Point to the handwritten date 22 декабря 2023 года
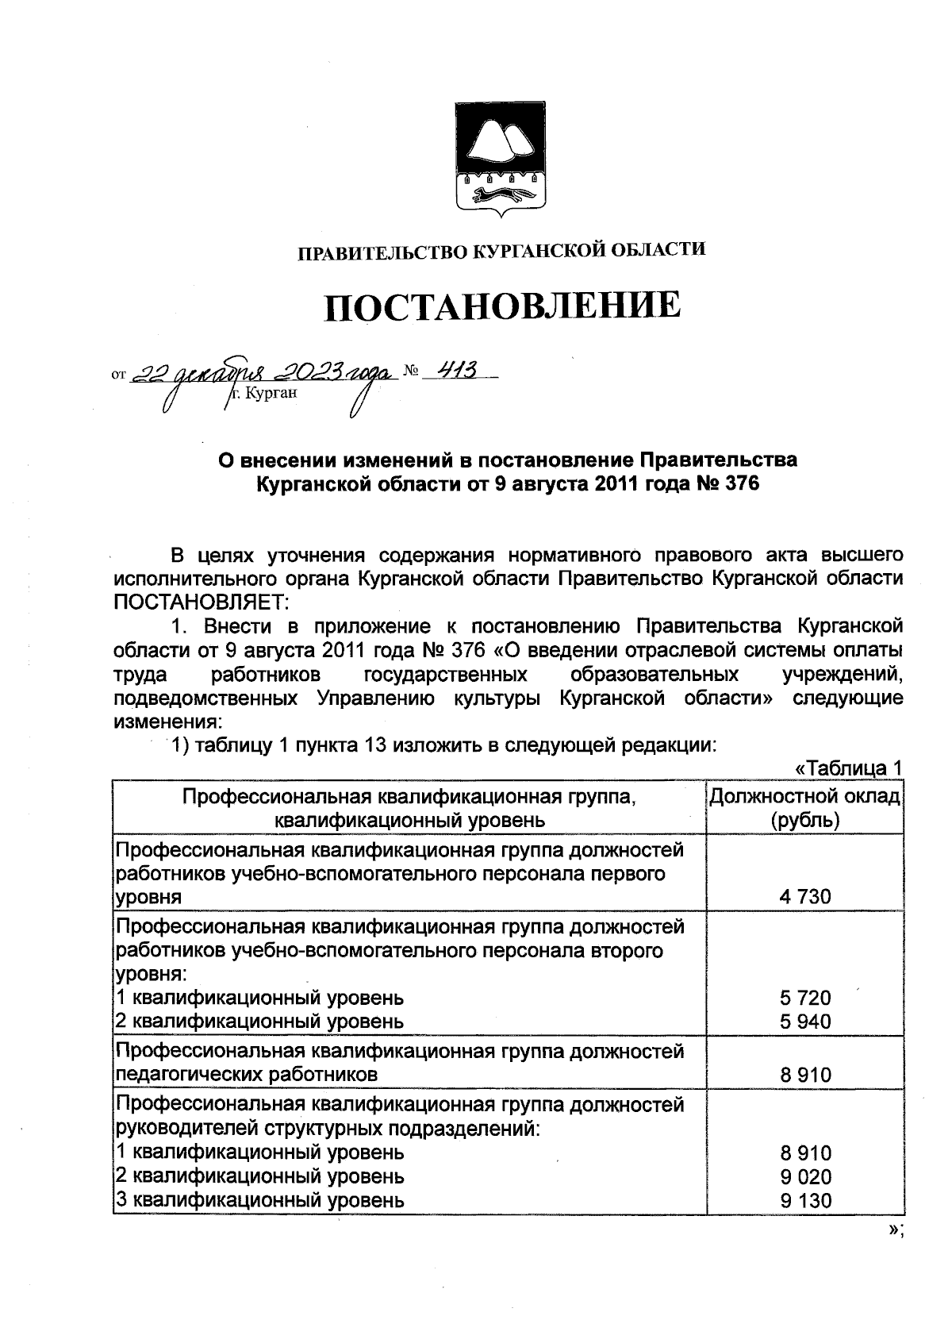pyautogui.click(x=262, y=372)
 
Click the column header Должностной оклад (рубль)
pyautogui.click(x=804, y=807)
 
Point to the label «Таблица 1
pyautogui.click(x=848, y=768)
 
